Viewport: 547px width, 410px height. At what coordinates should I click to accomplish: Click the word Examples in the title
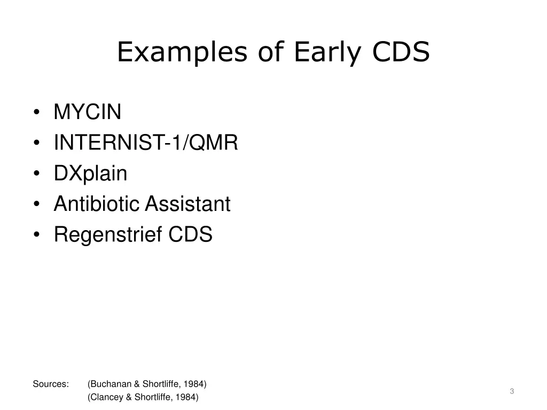[181, 53]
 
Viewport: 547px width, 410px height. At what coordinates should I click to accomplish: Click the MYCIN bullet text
[88, 112]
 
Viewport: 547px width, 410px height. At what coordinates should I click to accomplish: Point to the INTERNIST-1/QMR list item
[146, 143]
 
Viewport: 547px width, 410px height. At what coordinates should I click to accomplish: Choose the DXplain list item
[90, 174]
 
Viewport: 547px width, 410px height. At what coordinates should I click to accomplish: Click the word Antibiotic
[97, 204]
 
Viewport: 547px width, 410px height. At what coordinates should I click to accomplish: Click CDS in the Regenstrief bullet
[191, 234]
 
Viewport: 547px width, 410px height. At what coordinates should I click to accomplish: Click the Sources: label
[51, 384]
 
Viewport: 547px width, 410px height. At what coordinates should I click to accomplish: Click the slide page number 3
[512, 391]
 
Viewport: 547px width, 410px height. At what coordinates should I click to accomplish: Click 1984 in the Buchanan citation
[196, 384]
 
